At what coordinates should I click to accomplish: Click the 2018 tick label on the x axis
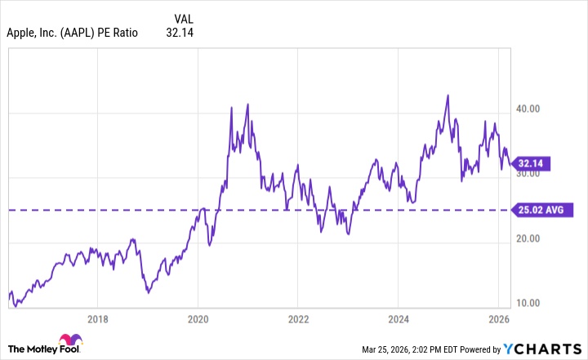98,319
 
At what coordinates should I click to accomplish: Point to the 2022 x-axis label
298,319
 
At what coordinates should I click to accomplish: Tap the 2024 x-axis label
399,319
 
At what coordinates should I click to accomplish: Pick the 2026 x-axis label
498,319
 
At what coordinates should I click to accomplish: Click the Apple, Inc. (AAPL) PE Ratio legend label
72,33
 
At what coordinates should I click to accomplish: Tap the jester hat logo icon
68,343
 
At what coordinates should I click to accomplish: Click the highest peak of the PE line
448,96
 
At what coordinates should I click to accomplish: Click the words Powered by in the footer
483,349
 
